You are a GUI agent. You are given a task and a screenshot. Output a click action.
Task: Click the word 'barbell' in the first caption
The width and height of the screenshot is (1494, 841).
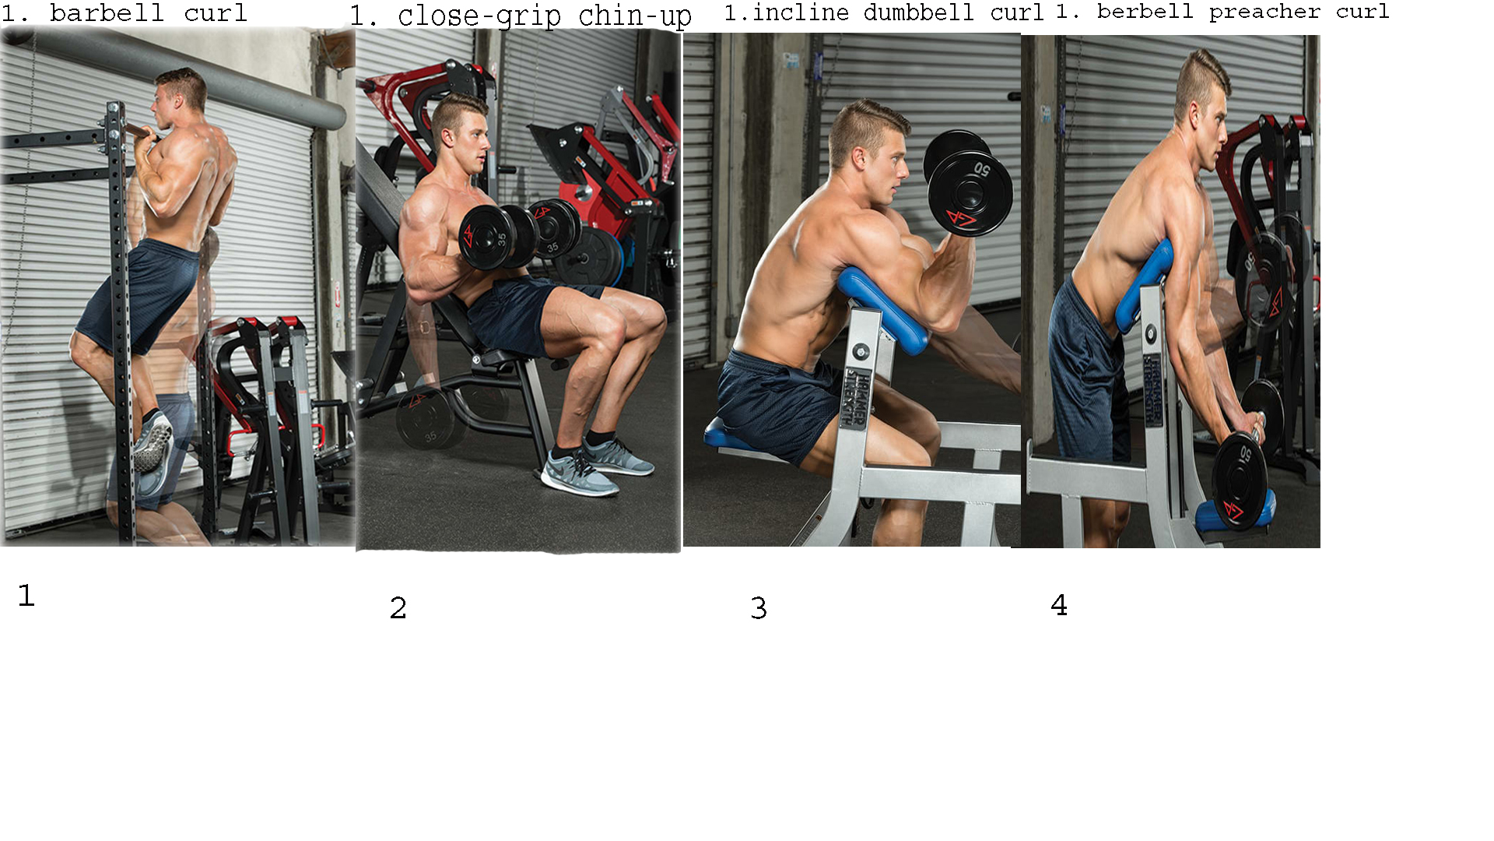pos(107,13)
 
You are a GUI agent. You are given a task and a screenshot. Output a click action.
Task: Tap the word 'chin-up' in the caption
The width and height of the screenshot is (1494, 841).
pos(635,16)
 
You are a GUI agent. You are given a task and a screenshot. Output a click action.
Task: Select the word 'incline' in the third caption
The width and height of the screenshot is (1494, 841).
pos(801,12)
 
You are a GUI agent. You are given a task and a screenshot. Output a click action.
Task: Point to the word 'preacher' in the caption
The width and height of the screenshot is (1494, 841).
pos(1264,12)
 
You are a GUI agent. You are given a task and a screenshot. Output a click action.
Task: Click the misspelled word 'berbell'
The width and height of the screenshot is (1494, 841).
pos(1145,12)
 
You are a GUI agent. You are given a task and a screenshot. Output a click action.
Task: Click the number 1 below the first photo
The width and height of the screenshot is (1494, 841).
pos(26,596)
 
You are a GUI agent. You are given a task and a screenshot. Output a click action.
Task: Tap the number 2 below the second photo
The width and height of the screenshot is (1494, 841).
pos(398,608)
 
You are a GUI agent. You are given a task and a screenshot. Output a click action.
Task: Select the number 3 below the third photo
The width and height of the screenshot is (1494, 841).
pos(759,608)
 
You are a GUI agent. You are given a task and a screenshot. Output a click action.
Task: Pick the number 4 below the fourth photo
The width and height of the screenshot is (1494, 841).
pos(1059,605)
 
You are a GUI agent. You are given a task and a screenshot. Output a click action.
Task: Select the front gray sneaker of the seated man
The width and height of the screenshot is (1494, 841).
pos(580,473)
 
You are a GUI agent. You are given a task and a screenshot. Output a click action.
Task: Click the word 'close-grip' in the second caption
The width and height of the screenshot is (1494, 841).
pos(479,16)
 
